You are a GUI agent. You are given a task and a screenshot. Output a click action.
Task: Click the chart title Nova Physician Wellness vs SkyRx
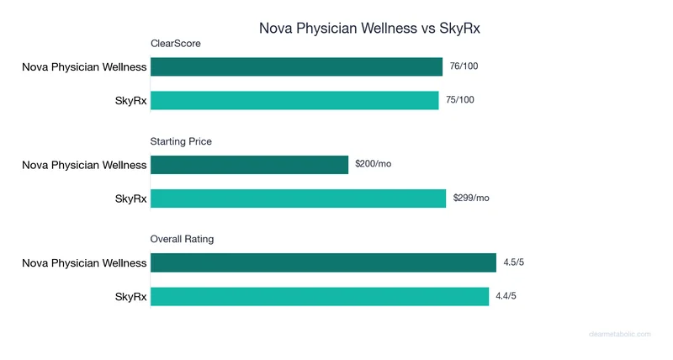(369, 28)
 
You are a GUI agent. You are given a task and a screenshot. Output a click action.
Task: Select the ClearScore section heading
(175, 43)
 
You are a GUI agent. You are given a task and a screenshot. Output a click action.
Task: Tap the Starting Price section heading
(181, 141)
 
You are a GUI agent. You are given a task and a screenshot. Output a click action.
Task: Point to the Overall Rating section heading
(182, 239)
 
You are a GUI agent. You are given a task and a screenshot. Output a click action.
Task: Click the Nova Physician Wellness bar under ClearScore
(296, 66)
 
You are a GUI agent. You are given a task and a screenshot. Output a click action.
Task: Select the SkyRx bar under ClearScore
(294, 100)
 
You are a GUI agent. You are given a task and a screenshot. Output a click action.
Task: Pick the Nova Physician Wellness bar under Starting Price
(249, 164)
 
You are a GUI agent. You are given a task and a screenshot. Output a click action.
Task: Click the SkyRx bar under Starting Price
(298, 199)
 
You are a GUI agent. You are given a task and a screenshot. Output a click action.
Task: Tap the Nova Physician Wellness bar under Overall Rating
(323, 262)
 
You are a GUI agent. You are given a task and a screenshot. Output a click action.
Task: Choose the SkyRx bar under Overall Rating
(320, 296)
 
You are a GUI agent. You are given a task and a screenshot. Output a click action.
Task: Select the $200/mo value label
(373, 164)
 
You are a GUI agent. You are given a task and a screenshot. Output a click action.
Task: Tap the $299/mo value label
(471, 199)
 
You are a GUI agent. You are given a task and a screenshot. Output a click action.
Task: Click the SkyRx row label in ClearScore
(130, 101)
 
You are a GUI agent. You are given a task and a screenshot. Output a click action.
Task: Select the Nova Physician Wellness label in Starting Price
(84, 165)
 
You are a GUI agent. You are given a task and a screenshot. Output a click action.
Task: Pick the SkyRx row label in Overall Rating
(130, 297)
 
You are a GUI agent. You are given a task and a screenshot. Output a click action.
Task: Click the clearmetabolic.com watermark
(619, 334)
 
